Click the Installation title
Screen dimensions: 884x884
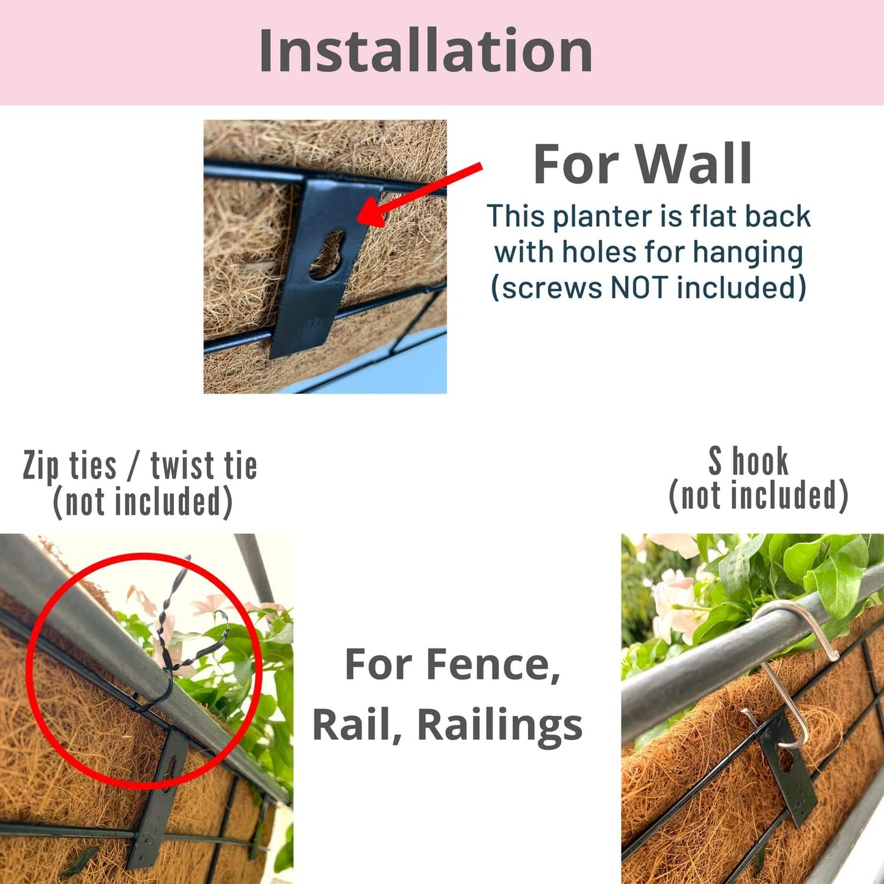point(425,51)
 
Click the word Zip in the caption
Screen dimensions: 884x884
point(41,467)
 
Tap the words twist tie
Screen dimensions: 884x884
point(204,466)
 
